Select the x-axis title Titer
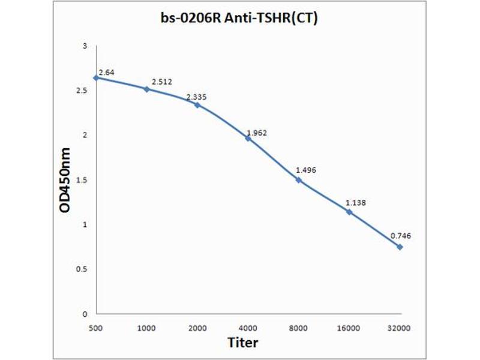(x=243, y=343)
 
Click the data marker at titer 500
(x=96, y=77)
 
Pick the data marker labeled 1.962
(x=248, y=138)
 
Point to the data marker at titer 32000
(x=400, y=247)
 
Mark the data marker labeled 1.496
(x=298, y=179)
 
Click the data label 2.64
(x=106, y=72)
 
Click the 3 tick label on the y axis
(x=85, y=46)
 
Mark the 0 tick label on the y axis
(x=85, y=314)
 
